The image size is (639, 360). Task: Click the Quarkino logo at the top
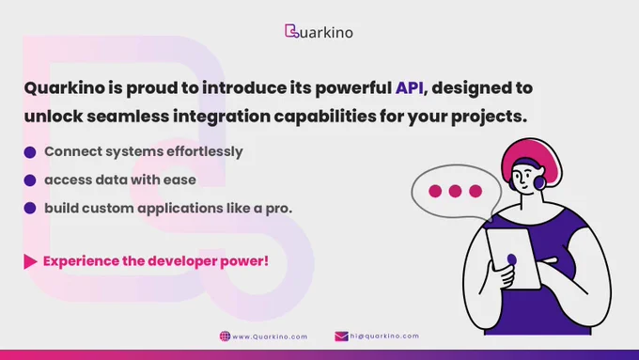pos(319,31)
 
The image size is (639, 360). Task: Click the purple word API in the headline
pos(409,88)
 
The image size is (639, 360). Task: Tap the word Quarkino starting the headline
pos(65,88)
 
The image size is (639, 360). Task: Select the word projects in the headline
pos(489,117)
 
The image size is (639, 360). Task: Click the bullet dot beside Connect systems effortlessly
pos(30,152)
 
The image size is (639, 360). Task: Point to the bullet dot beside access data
pos(30,180)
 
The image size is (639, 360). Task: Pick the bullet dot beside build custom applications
pos(30,208)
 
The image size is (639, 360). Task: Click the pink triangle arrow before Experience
pos(30,261)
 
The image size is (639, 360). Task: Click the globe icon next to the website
pos(225,336)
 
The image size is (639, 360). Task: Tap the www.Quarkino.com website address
pos(270,337)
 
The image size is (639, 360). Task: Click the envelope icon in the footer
pos(341,336)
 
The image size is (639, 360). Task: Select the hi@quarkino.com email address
pos(384,336)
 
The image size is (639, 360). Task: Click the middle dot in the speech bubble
pos(455,191)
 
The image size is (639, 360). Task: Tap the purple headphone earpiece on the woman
pos(540,182)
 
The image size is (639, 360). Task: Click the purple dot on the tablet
pos(512,259)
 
